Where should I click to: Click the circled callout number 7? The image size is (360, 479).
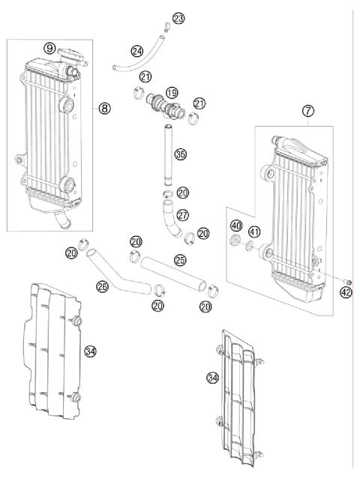point(307,112)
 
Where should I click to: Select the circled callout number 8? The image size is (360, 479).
point(104,108)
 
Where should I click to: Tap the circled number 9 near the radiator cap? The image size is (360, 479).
point(49,48)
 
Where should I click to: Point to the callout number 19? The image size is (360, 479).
point(172,93)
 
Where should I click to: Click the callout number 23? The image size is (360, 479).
point(178,18)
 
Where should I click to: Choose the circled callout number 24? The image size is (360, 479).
point(137,51)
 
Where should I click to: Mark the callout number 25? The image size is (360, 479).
point(180,259)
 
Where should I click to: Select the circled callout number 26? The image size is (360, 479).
point(103,285)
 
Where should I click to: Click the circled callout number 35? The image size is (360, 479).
point(180,155)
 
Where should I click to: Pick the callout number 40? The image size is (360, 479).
point(235,226)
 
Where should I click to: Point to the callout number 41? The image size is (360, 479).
point(255,232)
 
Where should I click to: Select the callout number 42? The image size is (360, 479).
point(345,293)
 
